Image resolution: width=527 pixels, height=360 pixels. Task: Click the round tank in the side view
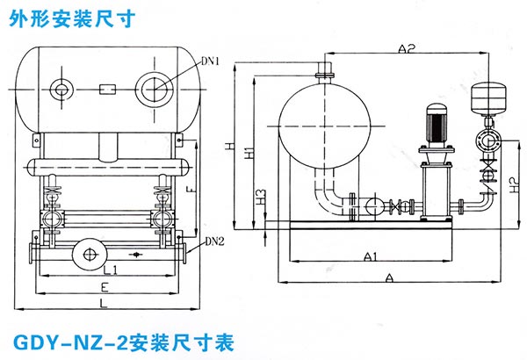click(321, 123)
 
